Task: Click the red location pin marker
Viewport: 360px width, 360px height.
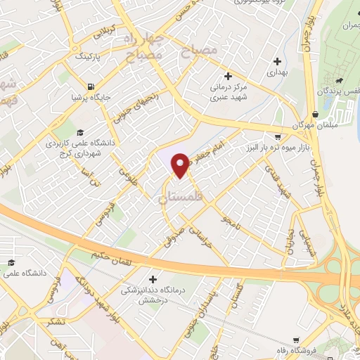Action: click(x=179, y=162)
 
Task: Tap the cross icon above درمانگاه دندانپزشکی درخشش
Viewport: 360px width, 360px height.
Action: click(x=153, y=278)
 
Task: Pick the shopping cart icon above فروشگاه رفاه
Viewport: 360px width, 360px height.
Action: click(x=297, y=338)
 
